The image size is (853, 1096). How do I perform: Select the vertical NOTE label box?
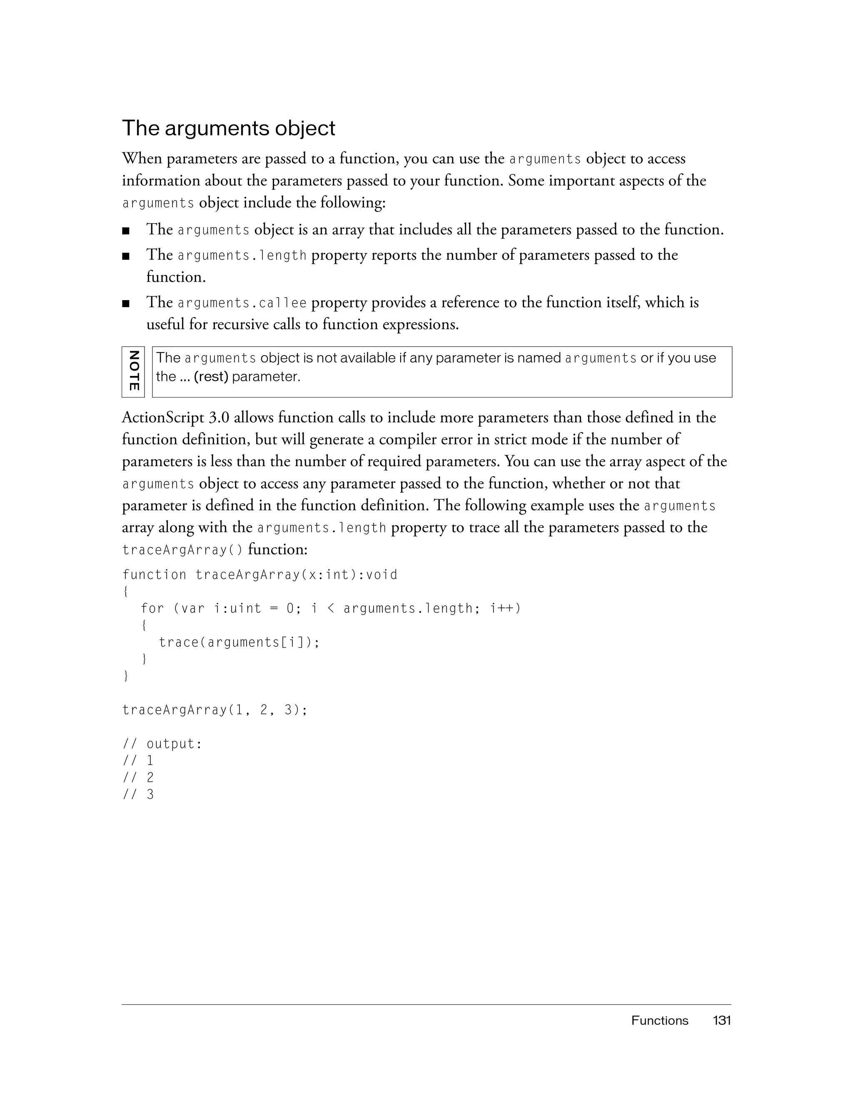click(x=133, y=372)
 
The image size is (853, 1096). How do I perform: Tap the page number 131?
click(x=721, y=1020)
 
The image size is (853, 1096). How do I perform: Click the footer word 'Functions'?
click(x=660, y=1020)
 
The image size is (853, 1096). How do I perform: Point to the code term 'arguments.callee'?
click(x=242, y=303)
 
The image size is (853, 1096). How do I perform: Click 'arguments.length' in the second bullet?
click(x=242, y=256)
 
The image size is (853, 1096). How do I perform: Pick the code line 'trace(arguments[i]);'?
click(x=239, y=642)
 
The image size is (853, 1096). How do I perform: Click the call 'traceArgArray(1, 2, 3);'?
click(x=215, y=710)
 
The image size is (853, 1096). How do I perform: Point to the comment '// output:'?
click(x=162, y=744)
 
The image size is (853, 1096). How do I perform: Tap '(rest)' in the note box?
click(x=211, y=376)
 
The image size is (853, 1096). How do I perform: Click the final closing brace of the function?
click(x=125, y=676)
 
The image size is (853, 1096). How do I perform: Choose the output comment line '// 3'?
click(x=138, y=794)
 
